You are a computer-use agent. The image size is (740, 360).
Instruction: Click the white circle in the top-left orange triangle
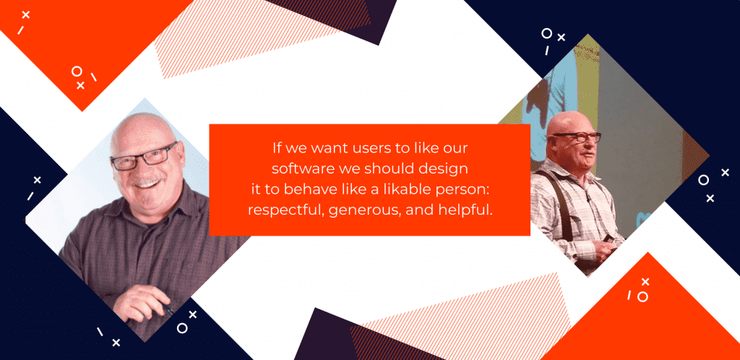77,71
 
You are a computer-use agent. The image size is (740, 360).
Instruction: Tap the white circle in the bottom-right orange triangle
642,296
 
